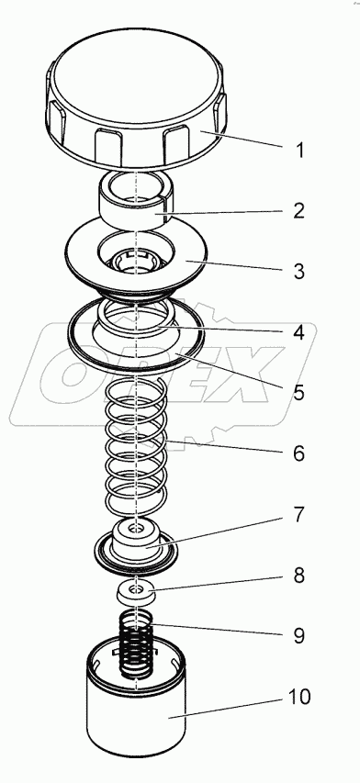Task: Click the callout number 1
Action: point(299,150)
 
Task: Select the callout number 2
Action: point(298,211)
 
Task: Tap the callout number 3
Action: point(298,272)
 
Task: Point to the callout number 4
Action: point(298,332)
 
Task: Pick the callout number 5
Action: point(298,393)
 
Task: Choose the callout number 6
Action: point(298,453)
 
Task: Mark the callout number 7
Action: point(298,514)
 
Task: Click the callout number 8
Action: point(298,576)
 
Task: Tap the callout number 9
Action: point(298,636)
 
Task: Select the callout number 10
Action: point(299,697)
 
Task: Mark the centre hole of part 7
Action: point(135,527)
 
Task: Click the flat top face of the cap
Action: point(135,75)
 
